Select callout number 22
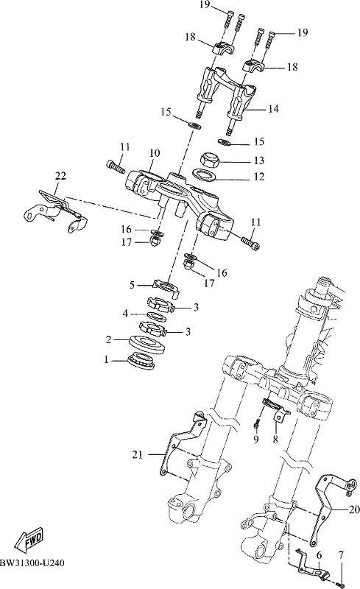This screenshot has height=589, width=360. coord(60,175)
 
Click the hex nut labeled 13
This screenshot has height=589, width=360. coord(208,160)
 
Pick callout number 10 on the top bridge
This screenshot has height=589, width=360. coord(155,153)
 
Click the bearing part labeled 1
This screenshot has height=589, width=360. coord(141,361)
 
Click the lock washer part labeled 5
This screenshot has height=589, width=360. coord(166,287)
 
